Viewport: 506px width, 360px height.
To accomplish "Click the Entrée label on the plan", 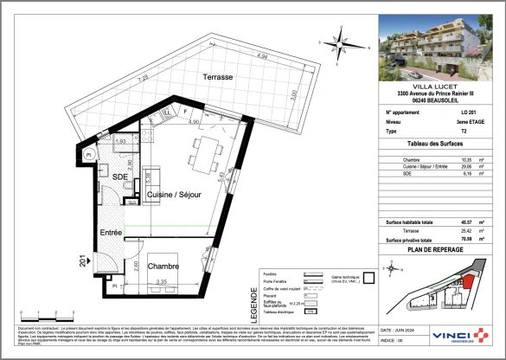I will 109,233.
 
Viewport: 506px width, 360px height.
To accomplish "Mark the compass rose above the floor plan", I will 344,40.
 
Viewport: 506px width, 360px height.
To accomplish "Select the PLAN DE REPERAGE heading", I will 437,249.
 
